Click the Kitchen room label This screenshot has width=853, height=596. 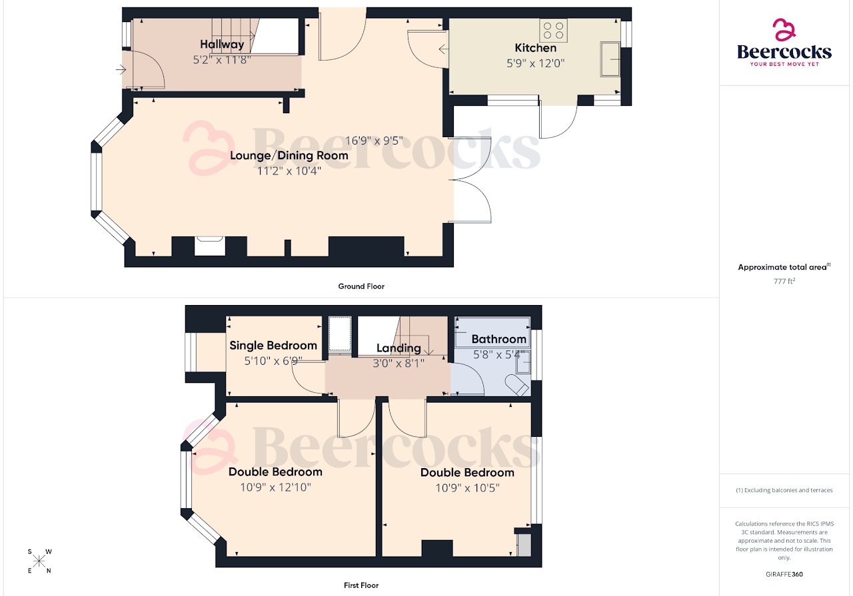[x=535, y=48]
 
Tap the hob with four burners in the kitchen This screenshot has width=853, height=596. [x=553, y=31]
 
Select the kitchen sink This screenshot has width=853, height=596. [x=610, y=59]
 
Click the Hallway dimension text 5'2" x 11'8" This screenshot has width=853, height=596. [x=222, y=59]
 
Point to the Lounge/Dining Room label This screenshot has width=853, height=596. [x=289, y=155]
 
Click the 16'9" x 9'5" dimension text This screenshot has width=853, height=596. [x=374, y=141]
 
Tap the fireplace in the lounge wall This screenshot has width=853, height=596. [x=210, y=246]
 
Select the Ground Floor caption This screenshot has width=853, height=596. [x=361, y=286]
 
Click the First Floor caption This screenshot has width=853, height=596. [x=361, y=585]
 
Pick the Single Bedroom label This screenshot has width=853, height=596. [x=273, y=345]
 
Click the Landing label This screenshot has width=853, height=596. [x=399, y=348]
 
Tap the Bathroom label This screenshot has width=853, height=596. [x=498, y=339]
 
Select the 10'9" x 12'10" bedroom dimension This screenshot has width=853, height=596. [x=275, y=487]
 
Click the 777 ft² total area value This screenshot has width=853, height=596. [x=785, y=281]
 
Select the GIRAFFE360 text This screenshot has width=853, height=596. [x=785, y=573]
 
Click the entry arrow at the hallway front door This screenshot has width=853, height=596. [x=121, y=69]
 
